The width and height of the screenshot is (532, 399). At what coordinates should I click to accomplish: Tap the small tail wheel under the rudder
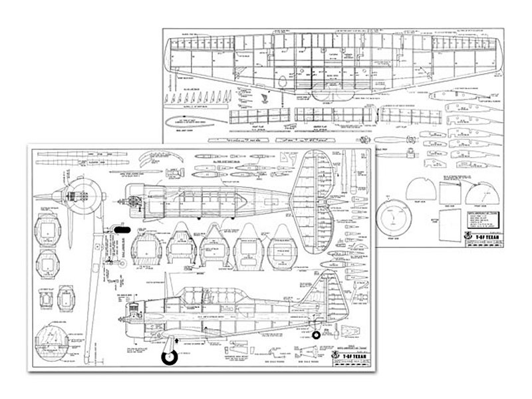317,335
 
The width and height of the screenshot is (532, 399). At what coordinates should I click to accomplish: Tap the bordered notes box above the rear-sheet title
484,225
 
